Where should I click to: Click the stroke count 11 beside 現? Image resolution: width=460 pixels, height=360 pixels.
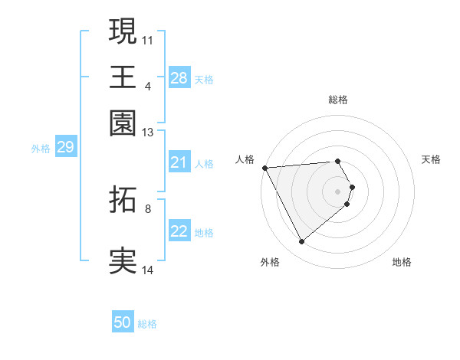tap(148, 39)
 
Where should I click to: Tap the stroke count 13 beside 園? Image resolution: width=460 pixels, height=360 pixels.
tap(148, 133)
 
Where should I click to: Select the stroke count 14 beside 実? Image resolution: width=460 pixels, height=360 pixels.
tap(148, 270)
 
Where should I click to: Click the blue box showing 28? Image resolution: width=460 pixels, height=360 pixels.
tap(179, 77)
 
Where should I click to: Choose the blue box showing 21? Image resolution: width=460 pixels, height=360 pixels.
tap(179, 162)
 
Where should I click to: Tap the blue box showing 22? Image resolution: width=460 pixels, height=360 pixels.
tap(179, 231)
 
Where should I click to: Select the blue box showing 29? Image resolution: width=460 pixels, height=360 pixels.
tap(65, 147)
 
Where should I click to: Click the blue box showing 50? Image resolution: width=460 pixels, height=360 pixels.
tap(123, 322)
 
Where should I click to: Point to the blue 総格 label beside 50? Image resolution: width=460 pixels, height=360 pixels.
tap(147, 324)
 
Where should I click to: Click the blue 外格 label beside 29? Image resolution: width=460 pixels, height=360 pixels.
tap(41, 149)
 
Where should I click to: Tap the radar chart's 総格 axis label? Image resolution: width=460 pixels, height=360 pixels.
tap(338, 100)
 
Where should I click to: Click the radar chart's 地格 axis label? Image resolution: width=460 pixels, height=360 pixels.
tap(402, 262)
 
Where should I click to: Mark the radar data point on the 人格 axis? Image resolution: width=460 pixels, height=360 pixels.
tap(264, 168)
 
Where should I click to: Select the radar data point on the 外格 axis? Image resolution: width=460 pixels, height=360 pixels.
tap(301, 242)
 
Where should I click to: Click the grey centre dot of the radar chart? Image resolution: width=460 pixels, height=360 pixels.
tap(338, 191)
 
